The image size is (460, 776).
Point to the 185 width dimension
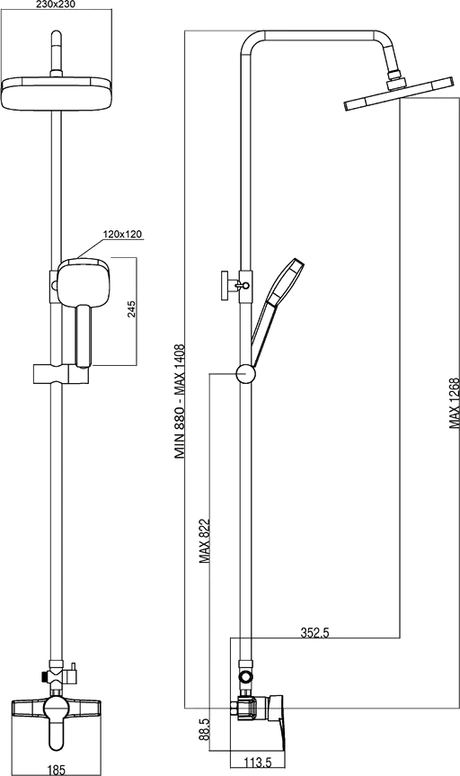pos(56,770)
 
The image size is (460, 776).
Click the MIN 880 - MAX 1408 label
pos(180,402)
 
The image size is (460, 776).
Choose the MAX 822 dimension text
pos(205,541)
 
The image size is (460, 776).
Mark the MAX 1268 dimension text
pos(455,404)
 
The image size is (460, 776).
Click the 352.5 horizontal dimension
pos(315,632)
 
